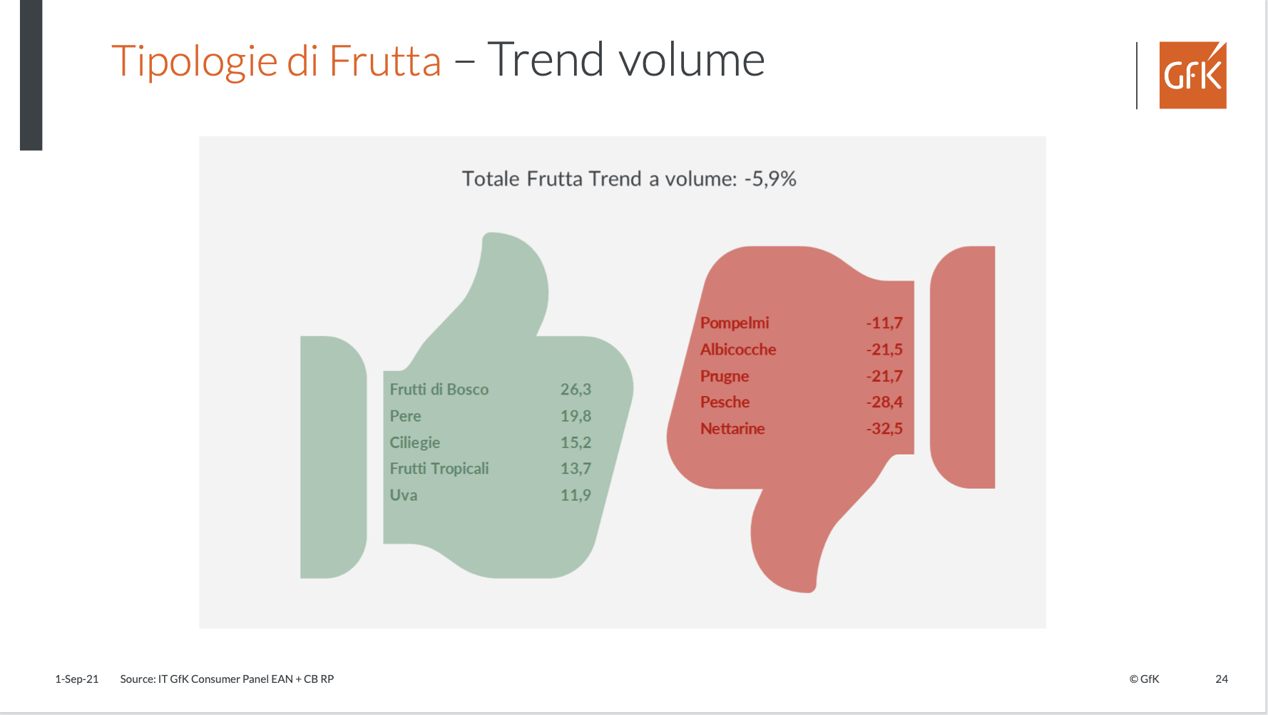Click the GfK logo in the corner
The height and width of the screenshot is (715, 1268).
click(1192, 75)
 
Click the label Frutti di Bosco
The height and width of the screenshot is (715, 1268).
click(439, 390)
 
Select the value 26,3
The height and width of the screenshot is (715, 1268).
click(576, 390)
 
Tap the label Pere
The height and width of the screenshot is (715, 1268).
click(405, 416)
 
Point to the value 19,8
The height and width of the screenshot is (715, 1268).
click(576, 416)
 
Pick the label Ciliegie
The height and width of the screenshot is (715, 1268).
click(414, 442)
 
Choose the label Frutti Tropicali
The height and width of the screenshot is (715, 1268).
click(439, 469)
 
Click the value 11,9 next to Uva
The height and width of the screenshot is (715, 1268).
click(576, 495)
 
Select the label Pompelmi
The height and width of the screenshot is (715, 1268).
click(735, 323)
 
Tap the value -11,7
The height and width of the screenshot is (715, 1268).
click(884, 323)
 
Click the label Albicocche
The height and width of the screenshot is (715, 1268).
click(738, 350)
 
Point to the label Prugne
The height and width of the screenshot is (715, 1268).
click(725, 376)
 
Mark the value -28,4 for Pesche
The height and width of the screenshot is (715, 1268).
click(884, 402)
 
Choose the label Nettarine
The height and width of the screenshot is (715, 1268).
click(732, 429)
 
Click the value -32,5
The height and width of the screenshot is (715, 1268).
click(884, 429)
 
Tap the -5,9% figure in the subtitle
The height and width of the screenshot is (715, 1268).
click(770, 178)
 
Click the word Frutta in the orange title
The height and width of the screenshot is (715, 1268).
click(385, 61)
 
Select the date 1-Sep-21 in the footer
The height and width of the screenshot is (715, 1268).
click(77, 679)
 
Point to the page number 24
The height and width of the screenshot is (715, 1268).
click(1222, 679)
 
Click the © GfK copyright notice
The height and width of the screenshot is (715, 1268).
click(1145, 679)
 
